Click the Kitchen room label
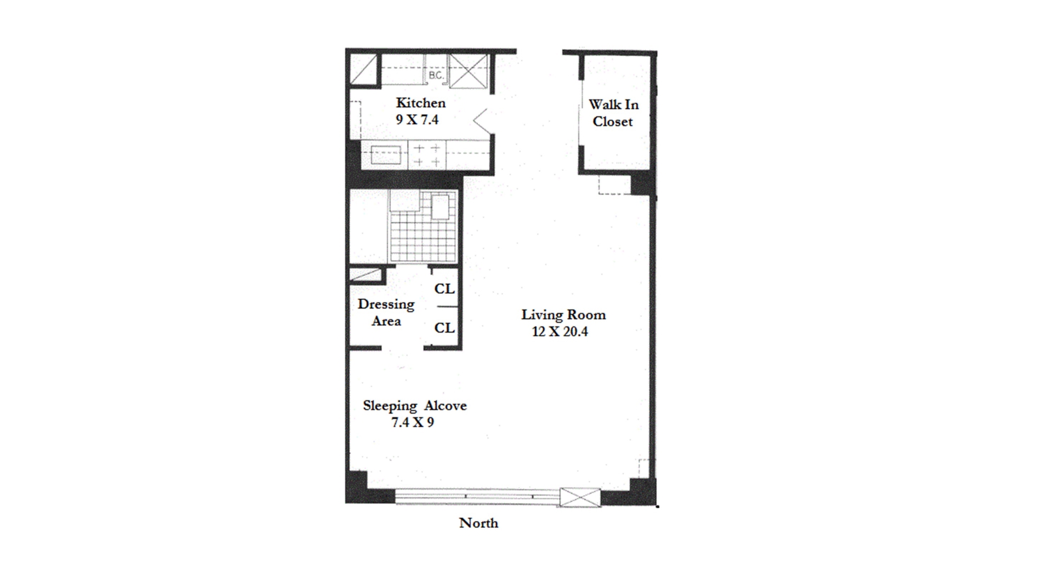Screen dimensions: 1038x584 [421, 103]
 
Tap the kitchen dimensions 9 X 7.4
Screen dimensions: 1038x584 [417, 120]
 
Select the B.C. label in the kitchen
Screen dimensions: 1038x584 [436, 75]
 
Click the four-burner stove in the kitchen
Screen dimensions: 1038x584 [427, 155]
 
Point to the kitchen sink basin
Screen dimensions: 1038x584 [385, 155]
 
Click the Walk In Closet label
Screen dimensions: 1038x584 [613, 113]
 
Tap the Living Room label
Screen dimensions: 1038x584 [563, 315]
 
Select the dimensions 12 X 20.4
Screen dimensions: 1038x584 [560, 331]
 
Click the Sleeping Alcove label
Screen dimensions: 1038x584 [415, 406]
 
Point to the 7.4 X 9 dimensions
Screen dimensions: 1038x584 [413, 422]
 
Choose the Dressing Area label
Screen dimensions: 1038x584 [386, 313]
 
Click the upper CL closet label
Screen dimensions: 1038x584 [444, 289]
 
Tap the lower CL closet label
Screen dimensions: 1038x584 [444, 328]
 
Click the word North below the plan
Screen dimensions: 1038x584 [479, 523]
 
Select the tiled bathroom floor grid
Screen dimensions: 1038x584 [422, 227]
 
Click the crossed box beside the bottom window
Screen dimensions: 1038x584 [580, 497]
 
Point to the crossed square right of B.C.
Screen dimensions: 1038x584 [469, 70]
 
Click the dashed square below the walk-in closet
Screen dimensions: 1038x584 [615, 184]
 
